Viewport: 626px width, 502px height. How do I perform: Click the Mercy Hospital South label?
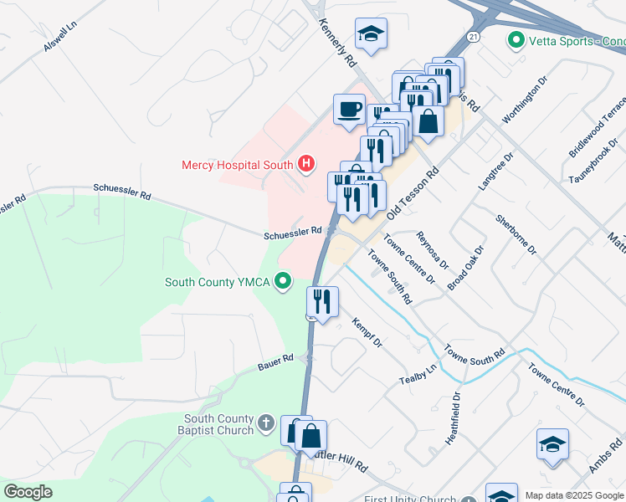pyautogui.click(x=237, y=165)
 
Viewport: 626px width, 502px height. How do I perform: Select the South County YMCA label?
pyautogui.click(x=217, y=282)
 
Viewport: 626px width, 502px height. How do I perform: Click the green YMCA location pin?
pyautogui.click(x=285, y=281)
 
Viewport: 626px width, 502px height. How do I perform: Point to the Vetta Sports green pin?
pyautogui.click(x=516, y=39)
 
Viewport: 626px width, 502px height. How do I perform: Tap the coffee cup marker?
pyautogui.click(x=349, y=109)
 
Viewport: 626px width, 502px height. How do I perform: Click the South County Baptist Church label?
pyautogui.click(x=219, y=424)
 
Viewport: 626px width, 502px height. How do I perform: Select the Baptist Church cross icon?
pyautogui.click(x=266, y=423)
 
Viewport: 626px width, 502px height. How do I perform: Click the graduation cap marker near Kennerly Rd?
pyautogui.click(x=371, y=34)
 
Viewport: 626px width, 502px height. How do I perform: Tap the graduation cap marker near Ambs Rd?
pyautogui.click(x=552, y=444)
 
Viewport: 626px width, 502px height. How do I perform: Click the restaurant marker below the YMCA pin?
pyautogui.click(x=322, y=301)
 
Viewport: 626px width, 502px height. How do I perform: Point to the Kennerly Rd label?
pyautogui.click(x=337, y=44)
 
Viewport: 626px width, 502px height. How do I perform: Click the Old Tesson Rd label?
pyautogui.click(x=414, y=192)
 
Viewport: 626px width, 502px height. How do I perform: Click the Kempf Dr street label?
pyautogui.click(x=367, y=332)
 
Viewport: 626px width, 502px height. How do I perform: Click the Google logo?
pyautogui.click(x=28, y=492)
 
